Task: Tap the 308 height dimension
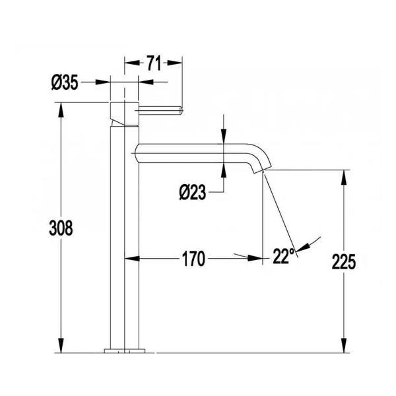(61, 228)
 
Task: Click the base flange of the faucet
(123, 349)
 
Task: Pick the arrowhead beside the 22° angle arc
(300, 249)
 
